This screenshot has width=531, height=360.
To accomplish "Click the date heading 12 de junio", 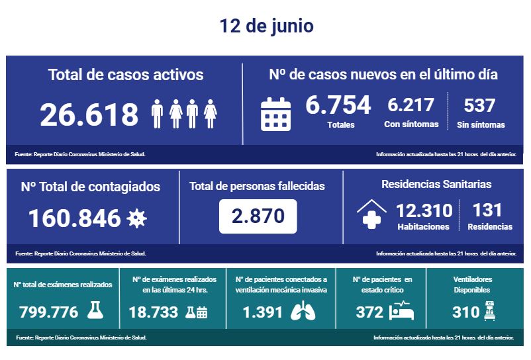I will pos(266,26).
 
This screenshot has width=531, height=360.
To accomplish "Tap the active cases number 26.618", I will pos(89,114).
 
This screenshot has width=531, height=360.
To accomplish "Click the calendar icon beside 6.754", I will pos(275,113).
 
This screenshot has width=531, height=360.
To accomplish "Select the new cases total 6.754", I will pos(338,105).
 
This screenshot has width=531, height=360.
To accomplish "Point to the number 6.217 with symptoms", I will pos(410,105).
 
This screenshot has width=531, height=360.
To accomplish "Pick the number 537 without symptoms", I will pos(480,105).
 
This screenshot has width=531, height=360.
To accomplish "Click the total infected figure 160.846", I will pos(74,218).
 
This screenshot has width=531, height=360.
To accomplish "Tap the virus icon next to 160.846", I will pos(136,218).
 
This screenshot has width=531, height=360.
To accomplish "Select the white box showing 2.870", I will pos(258,216).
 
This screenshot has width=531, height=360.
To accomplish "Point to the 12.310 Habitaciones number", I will pos(424,211).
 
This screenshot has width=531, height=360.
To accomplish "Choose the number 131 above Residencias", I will pos(489,211).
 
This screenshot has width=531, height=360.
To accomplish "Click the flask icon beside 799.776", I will pos(96,311).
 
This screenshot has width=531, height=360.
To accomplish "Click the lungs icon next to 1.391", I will pos(303,312).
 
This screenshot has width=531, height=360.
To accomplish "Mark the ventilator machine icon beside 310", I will pos(491,311).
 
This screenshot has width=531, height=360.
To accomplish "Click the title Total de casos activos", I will pos(126,74).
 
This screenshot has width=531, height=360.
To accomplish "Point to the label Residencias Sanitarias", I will pos(436,184).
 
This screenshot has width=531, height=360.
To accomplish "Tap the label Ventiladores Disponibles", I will pos(471,285).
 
